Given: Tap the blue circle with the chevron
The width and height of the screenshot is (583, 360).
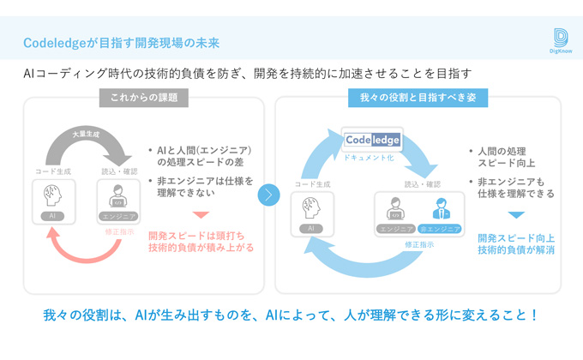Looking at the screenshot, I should [x=268, y=195].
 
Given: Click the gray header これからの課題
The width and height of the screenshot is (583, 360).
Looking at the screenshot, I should [x=143, y=98].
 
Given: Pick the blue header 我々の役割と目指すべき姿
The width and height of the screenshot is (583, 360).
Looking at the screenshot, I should [x=418, y=98].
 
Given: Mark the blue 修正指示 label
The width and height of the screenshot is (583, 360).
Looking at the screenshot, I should [x=420, y=243].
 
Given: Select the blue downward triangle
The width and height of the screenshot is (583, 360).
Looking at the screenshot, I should [x=515, y=215].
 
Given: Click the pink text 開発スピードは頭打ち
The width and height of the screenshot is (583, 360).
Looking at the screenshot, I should [x=195, y=234].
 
